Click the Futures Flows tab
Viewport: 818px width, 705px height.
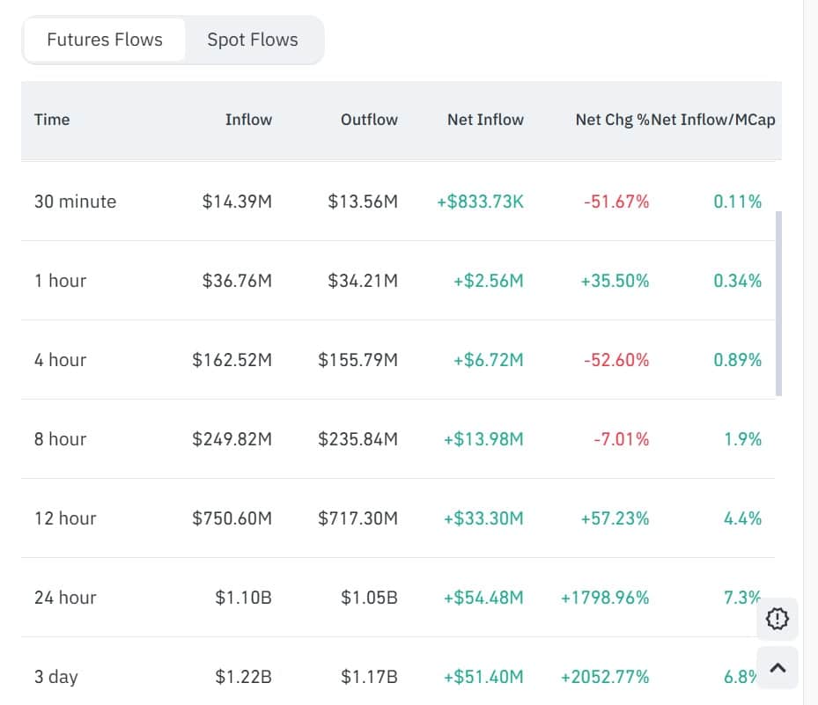105,40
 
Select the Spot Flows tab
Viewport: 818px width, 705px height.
253,40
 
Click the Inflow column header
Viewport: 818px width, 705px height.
248,120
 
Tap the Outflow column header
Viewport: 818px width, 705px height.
369,120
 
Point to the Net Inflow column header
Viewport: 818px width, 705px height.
485,120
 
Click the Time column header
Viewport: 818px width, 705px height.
52,120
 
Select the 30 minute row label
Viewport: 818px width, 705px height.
75,202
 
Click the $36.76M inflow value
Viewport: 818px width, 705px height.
237,281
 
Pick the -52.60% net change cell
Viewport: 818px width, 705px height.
615,360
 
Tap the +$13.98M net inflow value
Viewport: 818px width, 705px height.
483,439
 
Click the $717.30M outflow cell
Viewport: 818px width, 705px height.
357,518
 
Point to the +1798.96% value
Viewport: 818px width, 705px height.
605,598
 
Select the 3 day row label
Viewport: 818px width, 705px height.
55,677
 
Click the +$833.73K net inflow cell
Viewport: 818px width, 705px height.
480,202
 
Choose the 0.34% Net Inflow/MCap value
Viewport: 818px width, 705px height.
738,281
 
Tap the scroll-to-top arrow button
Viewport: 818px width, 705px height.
777,668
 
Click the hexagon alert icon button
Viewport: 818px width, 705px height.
777,619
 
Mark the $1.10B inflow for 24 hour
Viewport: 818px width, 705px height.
243,598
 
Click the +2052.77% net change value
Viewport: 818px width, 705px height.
605,677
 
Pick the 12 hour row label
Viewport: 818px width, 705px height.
65,518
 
